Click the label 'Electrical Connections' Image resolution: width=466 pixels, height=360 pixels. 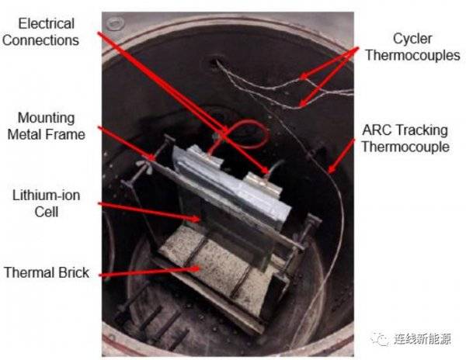(x=40, y=32)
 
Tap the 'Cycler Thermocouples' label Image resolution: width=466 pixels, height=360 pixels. (x=412, y=47)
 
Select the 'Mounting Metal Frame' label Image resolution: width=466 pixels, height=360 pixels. (x=46, y=126)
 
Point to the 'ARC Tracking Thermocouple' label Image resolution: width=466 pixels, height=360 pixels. (x=405, y=138)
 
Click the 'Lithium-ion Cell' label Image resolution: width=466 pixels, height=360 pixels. (x=47, y=203)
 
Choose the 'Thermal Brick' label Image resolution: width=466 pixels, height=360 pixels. (x=47, y=272)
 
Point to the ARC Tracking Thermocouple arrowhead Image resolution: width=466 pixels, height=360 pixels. (x=331, y=169)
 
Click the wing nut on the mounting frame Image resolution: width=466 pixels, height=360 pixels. (x=144, y=166)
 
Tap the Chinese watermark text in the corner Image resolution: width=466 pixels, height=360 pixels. (x=423, y=338)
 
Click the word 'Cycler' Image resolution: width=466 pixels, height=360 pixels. (x=412, y=39)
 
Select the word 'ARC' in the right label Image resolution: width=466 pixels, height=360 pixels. (x=376, y=130)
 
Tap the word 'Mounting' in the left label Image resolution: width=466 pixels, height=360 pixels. (x=46, y=119)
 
